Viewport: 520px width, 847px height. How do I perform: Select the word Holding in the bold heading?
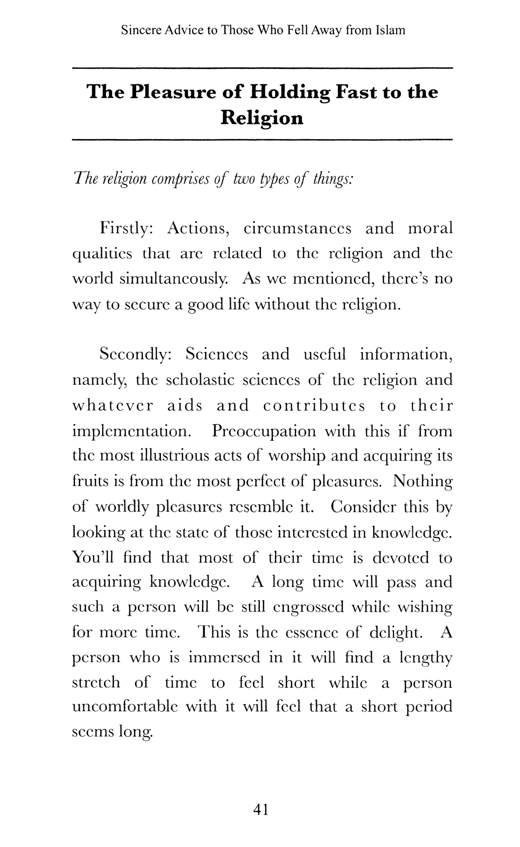pyautogui.click(x=290, y=92)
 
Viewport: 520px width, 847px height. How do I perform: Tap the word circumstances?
pyautogui.click(x=297, y=228)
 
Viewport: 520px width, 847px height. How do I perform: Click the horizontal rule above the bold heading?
pyautogui.click(x=262, y=68)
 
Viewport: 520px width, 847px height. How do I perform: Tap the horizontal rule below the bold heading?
pyautogui.click(x=262, y=139)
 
